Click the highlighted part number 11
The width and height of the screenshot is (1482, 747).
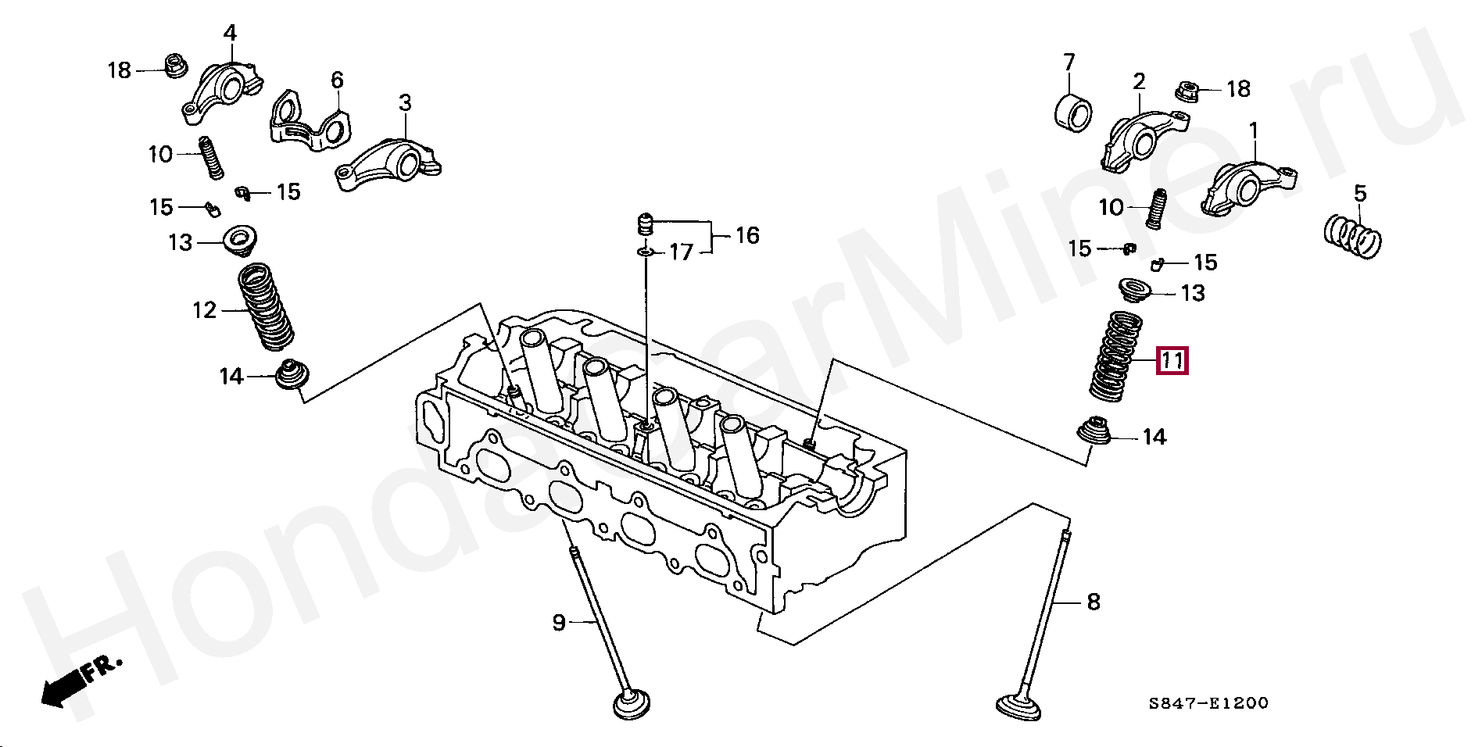click(x=1172, y=360)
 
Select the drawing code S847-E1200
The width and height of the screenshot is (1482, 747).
click(x=1208, y=703)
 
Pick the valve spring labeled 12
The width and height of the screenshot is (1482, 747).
click(x=266, y=306)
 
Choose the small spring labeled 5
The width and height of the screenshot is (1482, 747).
click(x=1354, y=236)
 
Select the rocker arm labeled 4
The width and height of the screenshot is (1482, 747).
click(x=223, y=90)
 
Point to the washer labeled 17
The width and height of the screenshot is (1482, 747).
click(x=645, y=252)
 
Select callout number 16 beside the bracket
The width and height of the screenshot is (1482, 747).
click(x=746, y=235)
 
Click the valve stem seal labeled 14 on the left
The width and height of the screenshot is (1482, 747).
click(x=292, y=377)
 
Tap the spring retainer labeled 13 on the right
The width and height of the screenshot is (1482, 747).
click(x=1135, y=290)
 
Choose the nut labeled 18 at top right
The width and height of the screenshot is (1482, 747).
click(x=1188, y=91)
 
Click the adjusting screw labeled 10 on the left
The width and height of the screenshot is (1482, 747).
click(x=211, y=156)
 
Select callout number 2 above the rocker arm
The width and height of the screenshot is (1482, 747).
click(x=1139, y=81)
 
